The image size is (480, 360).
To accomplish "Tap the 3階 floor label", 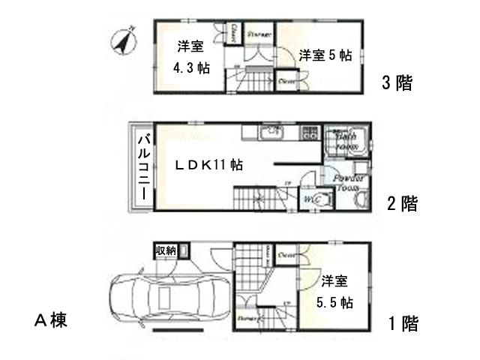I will pos(397,82).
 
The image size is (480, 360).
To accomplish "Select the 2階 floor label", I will pos(402,203).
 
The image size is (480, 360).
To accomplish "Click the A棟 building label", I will pos(51,321).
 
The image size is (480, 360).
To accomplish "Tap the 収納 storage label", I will pos(166,250).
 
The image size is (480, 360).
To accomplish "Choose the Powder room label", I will pos(349,183).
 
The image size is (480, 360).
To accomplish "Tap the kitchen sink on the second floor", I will pos(268,135).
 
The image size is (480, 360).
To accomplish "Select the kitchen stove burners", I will pos(309,135).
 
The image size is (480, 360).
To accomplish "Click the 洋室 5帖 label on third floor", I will pos(324,55).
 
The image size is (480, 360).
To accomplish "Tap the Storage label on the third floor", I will pos(259,33).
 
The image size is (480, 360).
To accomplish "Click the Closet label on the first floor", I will pos(286,255).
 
